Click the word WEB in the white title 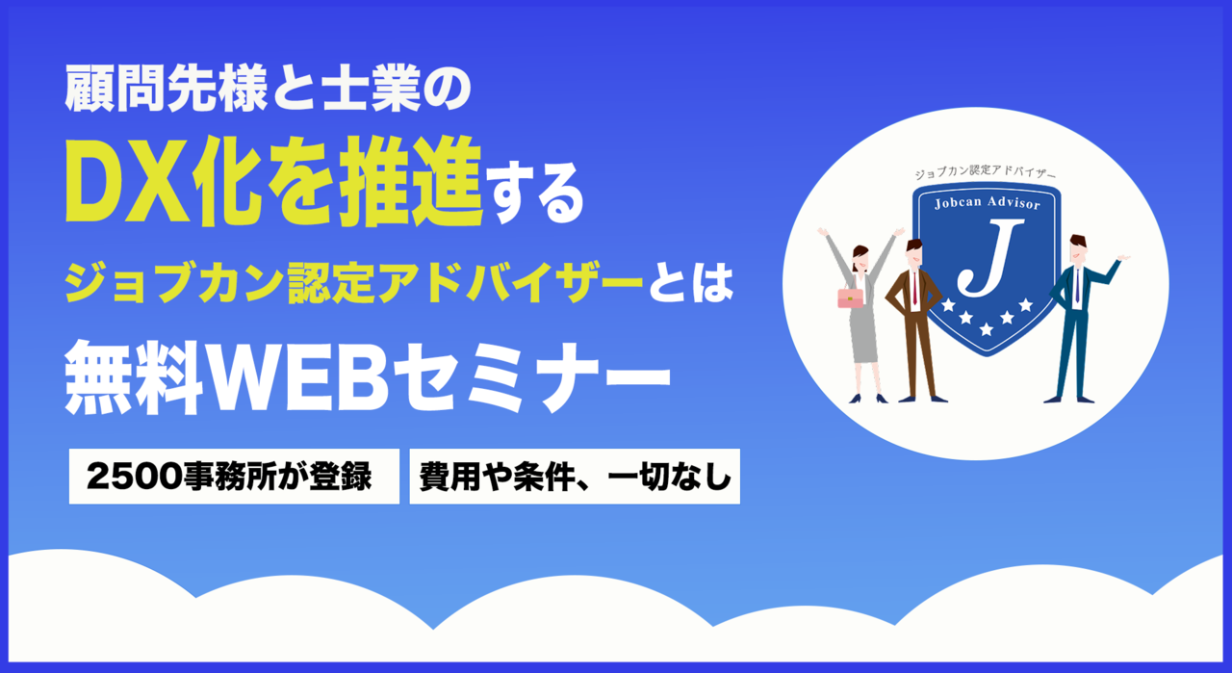click(x=300, y=377)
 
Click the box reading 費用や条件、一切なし click(x=575, y=476)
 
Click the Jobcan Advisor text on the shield click(x=988, y=202)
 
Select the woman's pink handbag click(x=850, y=298)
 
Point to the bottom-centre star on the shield click(x=987, y=329)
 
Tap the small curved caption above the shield click(x=985, y=172)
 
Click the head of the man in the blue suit click(x=1078, y=248)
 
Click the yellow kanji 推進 click(x=410, y=182)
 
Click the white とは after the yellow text click(x=691, y=283)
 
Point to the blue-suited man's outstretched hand click(x=1123, y=257)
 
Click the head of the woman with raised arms click(x=860, y=257)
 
